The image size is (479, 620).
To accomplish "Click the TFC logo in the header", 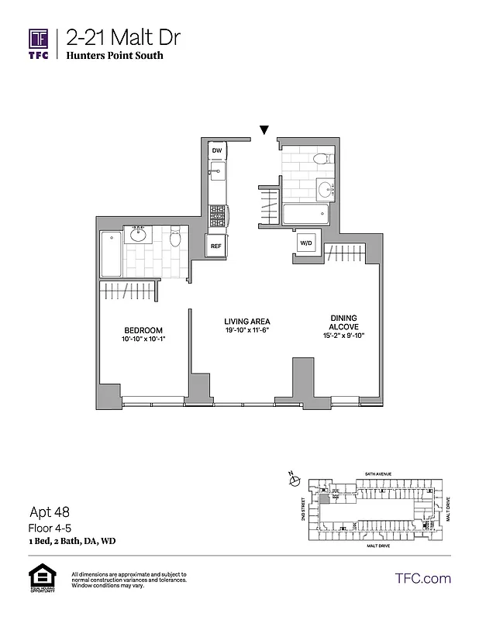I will point(39,43).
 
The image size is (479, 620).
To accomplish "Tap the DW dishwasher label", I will point(217,150).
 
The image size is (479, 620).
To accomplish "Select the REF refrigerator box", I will point(217,246).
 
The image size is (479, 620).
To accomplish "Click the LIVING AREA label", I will point(247,322).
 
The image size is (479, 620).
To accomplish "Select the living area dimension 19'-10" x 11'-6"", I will point(247,331).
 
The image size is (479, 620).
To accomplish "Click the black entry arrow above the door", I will point(264,131).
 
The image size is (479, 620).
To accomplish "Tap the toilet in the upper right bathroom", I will point(322,160).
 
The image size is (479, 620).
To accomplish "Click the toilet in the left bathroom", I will point(175,237).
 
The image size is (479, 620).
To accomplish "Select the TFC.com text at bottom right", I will point(422,578).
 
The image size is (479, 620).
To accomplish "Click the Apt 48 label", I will point(47,511).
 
